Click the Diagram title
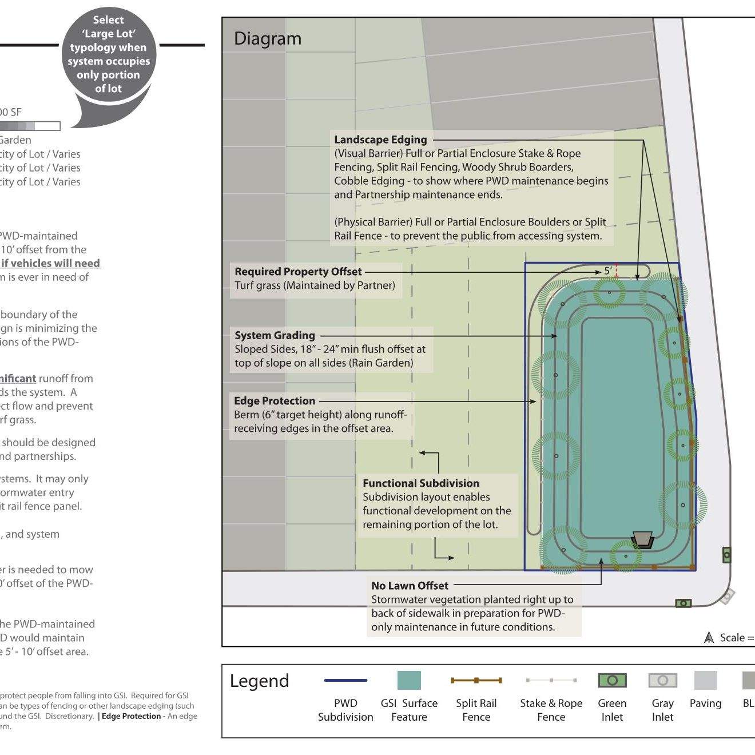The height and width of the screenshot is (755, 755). click(x=267, y=39)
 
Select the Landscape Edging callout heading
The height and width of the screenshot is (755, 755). click(x=380, y=140)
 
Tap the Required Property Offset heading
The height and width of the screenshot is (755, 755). click(x=298, y=272)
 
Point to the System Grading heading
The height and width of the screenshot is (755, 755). click(x=275, y=335)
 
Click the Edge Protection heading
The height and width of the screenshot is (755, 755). click(x=275, y=401)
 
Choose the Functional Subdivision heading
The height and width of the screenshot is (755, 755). click(x=421, y=483)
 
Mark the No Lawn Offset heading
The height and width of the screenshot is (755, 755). click(x=410, y=586)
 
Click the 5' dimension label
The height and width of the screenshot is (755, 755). click(x=607, y=271)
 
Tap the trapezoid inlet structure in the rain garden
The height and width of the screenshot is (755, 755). click(x=642, y=539)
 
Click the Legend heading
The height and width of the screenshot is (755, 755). click(x=260, y=681)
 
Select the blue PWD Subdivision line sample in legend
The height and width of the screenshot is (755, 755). click(x=345, y=680)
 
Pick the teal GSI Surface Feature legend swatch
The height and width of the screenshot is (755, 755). click(x=409, y=680)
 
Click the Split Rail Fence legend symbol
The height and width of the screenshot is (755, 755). click(x=476, y=680)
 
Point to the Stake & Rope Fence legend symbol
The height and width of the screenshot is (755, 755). click(x=551, y=680)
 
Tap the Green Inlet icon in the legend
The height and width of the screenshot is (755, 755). click(x=612, y=680)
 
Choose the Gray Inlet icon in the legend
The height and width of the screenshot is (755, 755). click(x=662, y=680)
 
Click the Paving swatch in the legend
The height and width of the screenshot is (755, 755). click(x=705, y=680)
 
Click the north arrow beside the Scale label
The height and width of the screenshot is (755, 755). click(x=709, y=637)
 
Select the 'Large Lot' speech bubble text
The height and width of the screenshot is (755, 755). click(x=109, y=54)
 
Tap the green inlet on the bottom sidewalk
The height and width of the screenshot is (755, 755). click(x=684, y=603)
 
